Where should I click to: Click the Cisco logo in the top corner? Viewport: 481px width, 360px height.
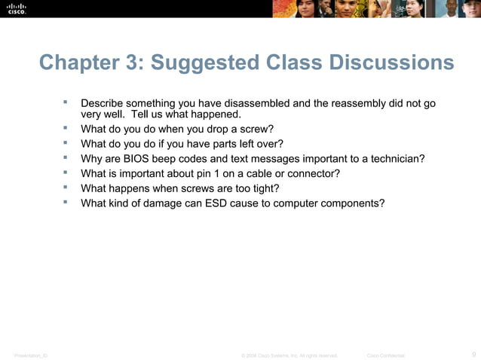click(x=17, y=8)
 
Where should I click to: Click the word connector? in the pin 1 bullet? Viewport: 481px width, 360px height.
click(x=312, y=173)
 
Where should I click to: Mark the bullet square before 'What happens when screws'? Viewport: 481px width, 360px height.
click(x=66, y=188)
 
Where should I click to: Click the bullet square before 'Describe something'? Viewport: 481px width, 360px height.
click(x=66, y=101)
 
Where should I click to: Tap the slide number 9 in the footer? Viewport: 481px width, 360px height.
click(x=473, y=354)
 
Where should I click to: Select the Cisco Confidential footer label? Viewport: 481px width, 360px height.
click(x=385, y=355)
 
